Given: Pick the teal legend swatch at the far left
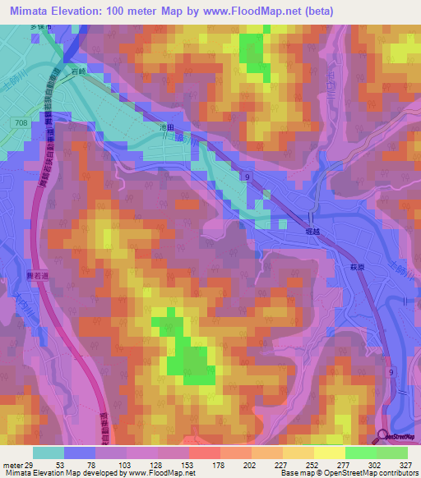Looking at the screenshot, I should (x=49, y=453).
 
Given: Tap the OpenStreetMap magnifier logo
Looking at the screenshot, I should (x=384, y=437).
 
